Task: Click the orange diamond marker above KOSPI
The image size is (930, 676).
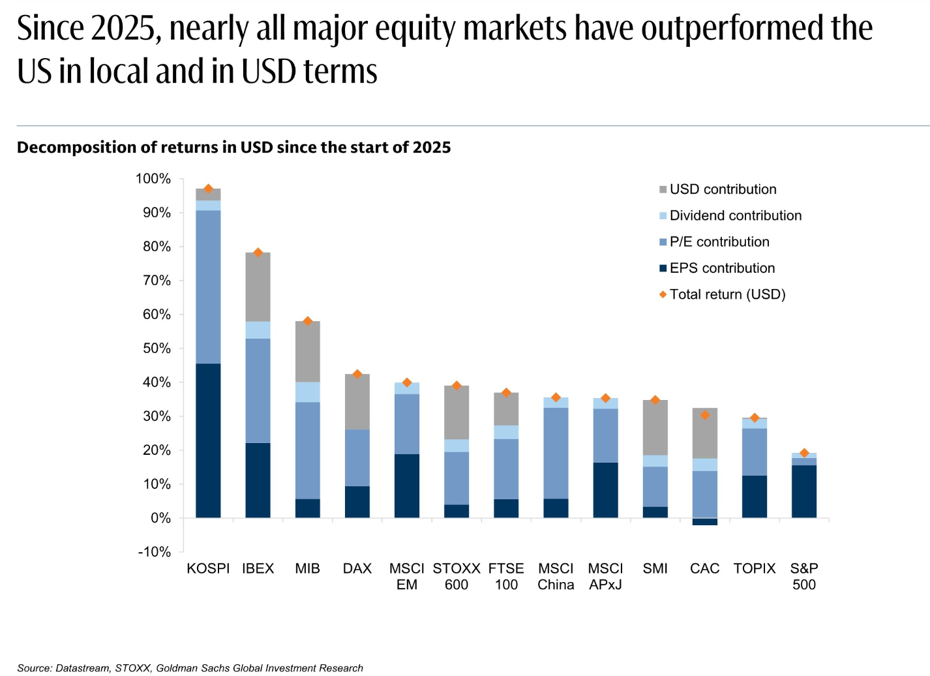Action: tap(209, 189)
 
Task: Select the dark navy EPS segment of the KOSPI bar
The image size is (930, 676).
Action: tap(209, 440)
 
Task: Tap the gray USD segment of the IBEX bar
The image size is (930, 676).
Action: tap(258, 287)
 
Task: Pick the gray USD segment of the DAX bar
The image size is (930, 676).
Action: tap(357, 401)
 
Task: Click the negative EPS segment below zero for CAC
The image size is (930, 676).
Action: tap(705, 522)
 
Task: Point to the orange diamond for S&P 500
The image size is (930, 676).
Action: tap(804, 453)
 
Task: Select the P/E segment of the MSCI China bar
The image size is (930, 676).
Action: tap(556, 453)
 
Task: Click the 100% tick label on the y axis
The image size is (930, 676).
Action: tap(153, 179)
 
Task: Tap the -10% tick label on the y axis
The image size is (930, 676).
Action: tap(155, 552)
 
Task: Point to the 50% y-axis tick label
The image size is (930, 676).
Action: tap(157, 348)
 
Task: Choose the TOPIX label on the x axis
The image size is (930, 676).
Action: tap(755, 568)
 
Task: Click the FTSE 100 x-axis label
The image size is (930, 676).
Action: tap(506, 576)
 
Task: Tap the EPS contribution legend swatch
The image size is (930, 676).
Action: tap(663, 268)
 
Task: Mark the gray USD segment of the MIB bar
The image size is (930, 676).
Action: tap(308, 351)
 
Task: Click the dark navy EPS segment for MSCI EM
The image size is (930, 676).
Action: tap(407, 486)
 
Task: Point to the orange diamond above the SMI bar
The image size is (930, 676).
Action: tap(655, 400)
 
